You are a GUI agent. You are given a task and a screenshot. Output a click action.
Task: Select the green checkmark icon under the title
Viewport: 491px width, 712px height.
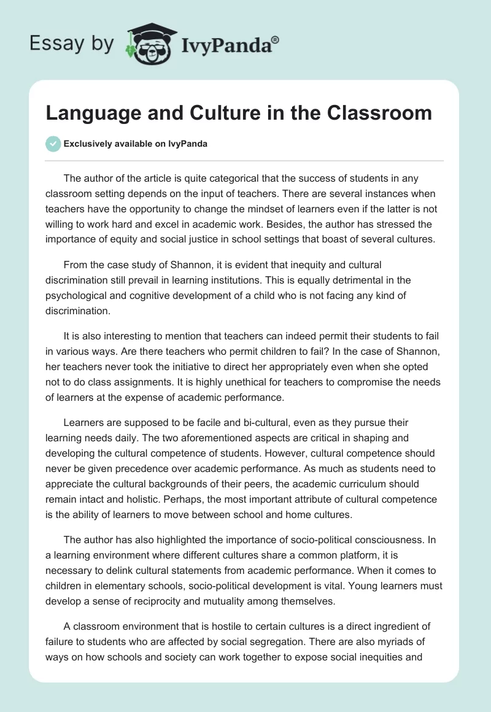[53, 144]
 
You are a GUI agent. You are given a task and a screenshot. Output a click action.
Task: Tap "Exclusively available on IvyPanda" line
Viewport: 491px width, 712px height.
[134, 144]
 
